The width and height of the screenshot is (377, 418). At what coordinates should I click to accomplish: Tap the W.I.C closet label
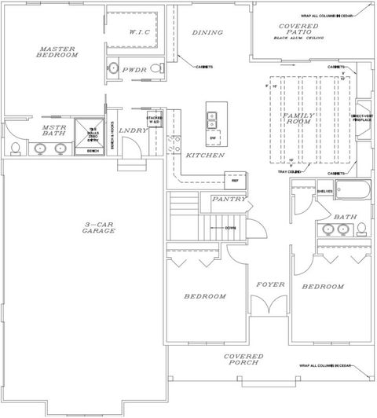[140, 33]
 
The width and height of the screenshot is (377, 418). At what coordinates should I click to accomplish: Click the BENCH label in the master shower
[93, 151]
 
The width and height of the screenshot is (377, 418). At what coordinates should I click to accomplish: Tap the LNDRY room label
[134, 130]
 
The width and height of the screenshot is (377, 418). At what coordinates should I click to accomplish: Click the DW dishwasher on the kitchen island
[213, 137]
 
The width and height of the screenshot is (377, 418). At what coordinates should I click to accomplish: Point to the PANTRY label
[229, 200]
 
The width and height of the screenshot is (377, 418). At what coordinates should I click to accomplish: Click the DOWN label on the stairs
[231, 228]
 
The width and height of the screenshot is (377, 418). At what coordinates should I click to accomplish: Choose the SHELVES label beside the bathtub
[325, 191]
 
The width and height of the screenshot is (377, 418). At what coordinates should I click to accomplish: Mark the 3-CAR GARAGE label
[84, 229]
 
